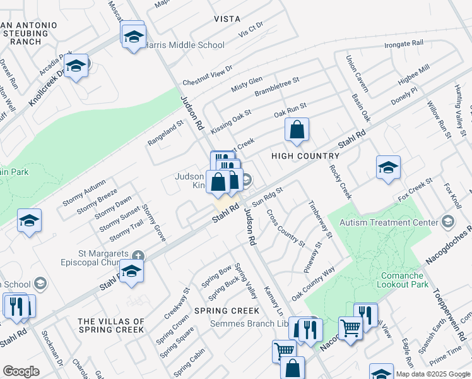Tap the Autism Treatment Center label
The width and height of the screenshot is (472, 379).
click(389, 222)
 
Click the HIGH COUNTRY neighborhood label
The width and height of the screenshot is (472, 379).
click(305, 155)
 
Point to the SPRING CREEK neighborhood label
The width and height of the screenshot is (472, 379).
click(227, 311)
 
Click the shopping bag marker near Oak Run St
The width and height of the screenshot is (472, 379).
click(297, 131)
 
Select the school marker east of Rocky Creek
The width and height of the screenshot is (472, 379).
click(388, 168)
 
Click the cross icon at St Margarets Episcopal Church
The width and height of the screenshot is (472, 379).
click(139, 256)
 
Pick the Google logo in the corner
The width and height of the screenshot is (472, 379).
click(21, 371)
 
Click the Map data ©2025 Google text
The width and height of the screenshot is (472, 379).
click(434, 374)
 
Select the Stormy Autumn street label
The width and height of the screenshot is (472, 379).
click(85, 193)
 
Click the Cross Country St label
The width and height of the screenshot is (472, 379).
click(286, 228)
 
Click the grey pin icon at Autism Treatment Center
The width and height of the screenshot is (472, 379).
click(447, 222)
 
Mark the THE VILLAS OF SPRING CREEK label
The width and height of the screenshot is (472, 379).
click(111, 325)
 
